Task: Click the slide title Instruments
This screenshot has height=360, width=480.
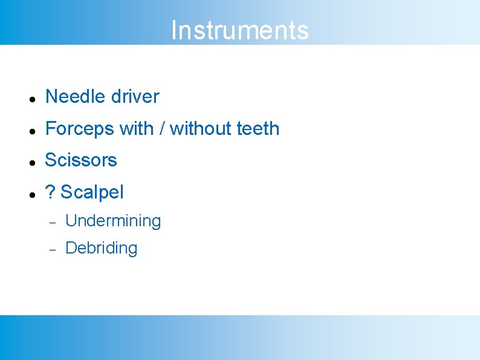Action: click(x=239, y=30)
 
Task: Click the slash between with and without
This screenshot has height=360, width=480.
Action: click(x=161, y=128)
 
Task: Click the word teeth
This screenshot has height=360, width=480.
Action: click(x=259, y=128)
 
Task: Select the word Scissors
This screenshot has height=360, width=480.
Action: click(x=81, y=160)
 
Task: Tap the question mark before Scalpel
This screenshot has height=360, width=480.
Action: click(x=50, y=192)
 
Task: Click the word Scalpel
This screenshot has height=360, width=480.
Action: click(x=92, y=192)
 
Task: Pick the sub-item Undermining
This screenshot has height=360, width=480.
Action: click(x=113, y=221)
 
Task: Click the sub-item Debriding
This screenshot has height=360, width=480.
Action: click(x=101, y=248)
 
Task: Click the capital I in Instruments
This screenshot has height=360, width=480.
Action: click(x=174, y=30)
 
